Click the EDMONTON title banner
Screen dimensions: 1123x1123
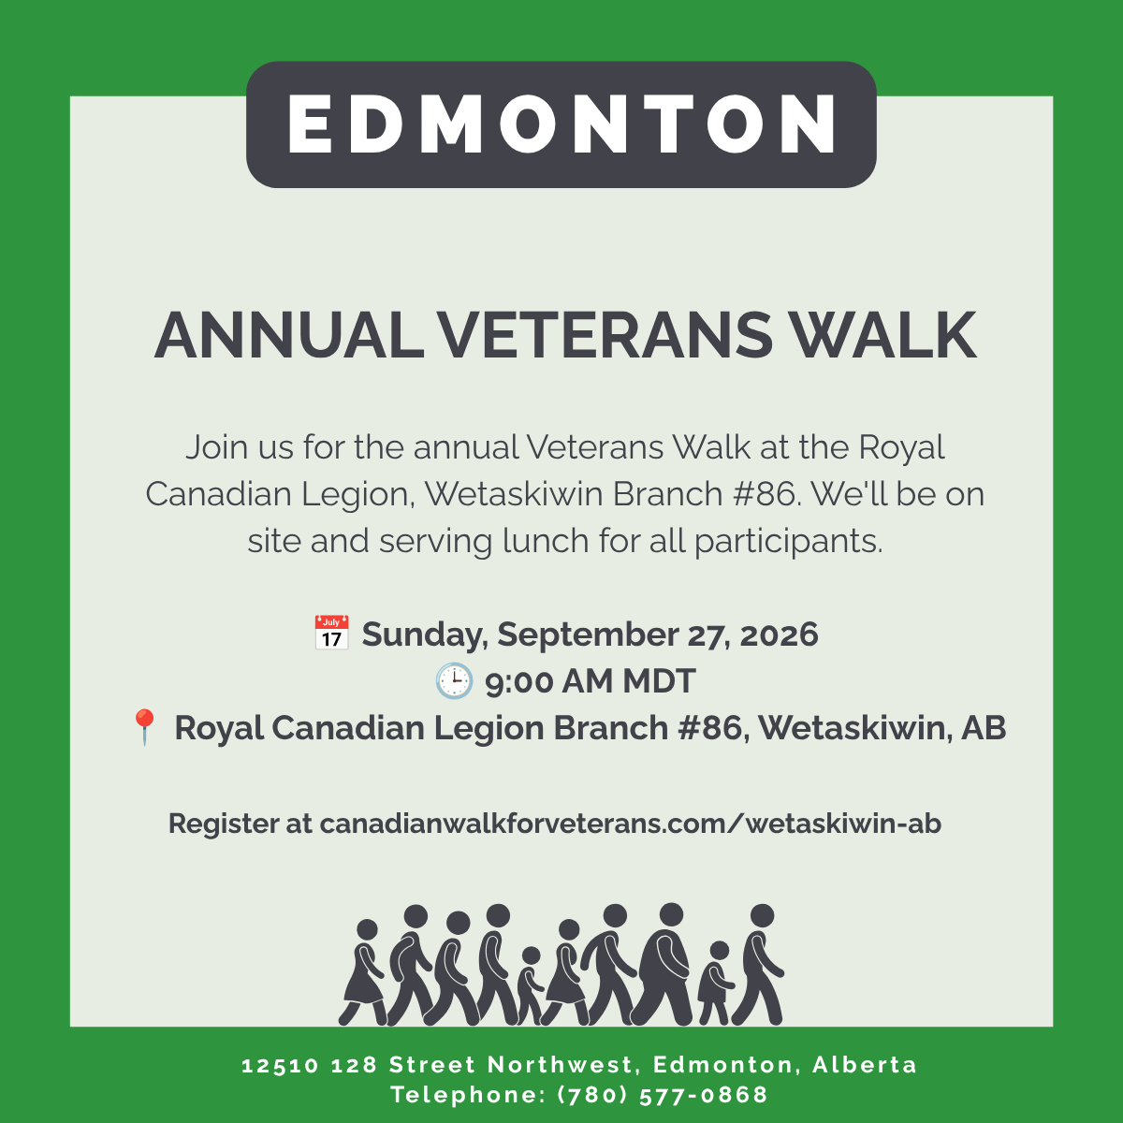pos(561,124)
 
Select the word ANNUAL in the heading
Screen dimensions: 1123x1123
pos(289,336)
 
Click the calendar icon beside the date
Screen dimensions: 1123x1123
pos(331,633)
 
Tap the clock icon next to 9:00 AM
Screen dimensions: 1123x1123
pos(454,680)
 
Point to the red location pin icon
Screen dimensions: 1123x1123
pos(144,727)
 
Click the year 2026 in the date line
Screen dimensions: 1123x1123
pos(779,634)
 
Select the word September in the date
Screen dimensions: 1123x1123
pos(587,635)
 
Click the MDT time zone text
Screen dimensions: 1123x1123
pos(659,680)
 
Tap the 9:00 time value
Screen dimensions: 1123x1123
pos(518,681)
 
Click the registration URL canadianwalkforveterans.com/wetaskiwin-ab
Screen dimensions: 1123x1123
pos(631,824)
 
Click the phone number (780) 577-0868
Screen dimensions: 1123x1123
pos(664,1095)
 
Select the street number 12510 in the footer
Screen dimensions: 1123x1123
pos(281,1065)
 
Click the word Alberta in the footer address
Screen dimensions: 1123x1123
pos(865,1065)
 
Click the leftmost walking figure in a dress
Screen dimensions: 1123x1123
pos(362,972)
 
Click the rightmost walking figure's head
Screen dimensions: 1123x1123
pos(762,915)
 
